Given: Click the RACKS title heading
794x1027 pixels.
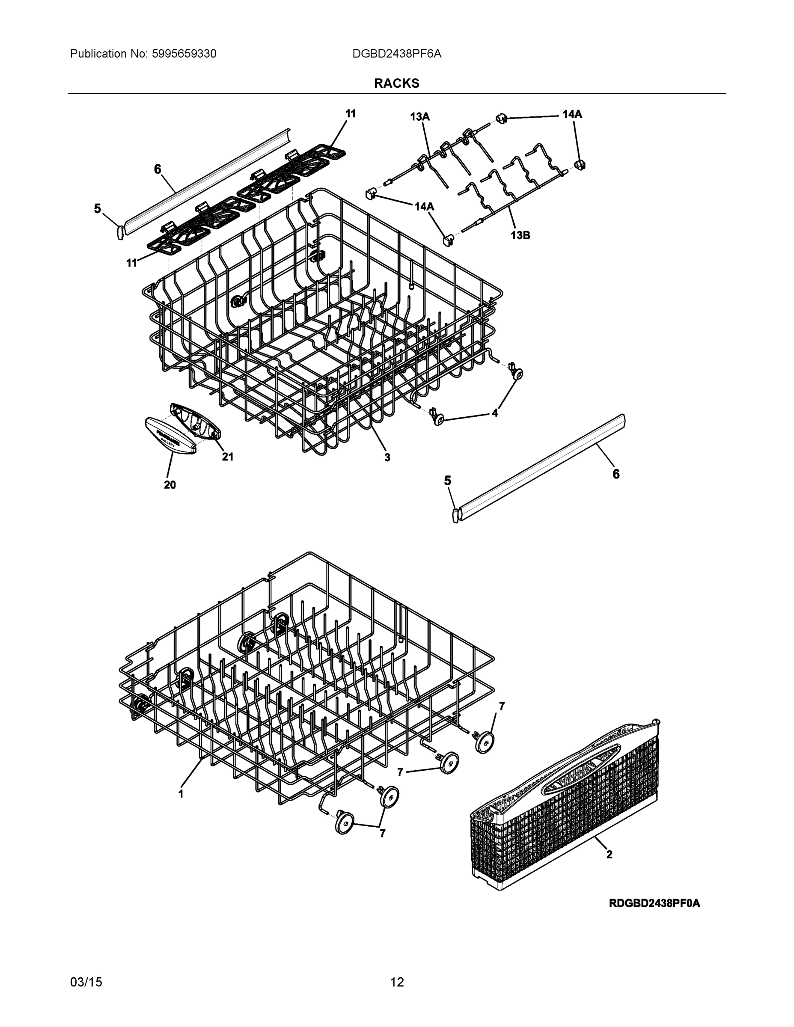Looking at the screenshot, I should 396,83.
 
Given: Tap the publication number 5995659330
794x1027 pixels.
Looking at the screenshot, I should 184,54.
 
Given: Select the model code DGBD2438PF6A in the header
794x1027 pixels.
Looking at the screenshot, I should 396,54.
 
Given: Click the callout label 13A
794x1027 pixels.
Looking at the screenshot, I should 419,117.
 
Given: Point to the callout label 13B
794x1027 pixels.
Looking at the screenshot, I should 520,235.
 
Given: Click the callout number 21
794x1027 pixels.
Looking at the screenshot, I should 228,457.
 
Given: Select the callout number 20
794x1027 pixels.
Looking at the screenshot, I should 170,485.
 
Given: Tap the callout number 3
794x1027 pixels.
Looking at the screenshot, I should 387,457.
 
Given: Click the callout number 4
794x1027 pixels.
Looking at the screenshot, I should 495,413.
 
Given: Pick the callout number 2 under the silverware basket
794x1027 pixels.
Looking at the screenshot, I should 609,855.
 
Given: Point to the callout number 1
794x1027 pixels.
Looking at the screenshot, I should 181,794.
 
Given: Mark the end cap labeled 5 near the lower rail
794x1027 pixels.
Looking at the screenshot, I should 455,514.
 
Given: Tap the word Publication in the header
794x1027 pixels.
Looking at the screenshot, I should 98,54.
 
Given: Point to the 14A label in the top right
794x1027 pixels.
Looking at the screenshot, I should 572,114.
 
